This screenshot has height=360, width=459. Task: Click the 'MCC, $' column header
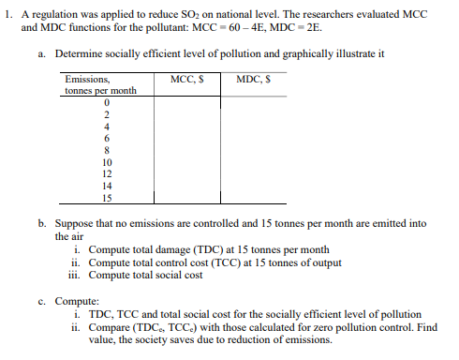click(x=185, y=81)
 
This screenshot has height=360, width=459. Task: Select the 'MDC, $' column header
click(x=254, y=81)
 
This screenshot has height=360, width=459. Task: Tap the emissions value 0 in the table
click(x=107, y=102)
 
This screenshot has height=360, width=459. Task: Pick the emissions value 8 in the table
click(x=107, y=149)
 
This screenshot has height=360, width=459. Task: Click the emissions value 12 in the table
click(x=107, y=173)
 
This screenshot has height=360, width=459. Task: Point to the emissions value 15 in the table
click(x=107, y=198)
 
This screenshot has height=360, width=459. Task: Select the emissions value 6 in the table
click(x=107, y=138)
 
